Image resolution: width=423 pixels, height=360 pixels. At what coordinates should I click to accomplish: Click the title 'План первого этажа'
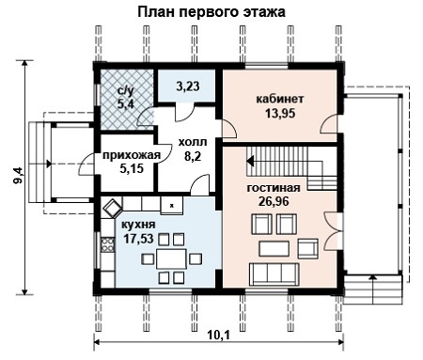(211, 12)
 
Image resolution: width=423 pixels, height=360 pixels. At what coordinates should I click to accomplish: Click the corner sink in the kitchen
(112, 207)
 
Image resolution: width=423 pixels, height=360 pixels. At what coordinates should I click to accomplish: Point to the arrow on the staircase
(250, 161)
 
